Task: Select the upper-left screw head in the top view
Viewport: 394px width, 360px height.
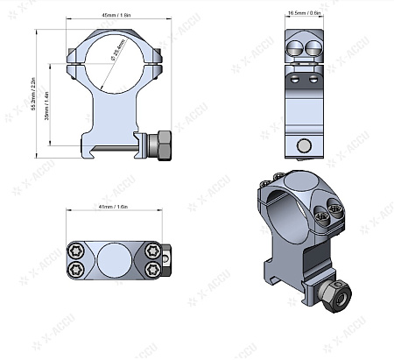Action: tap(76, 249)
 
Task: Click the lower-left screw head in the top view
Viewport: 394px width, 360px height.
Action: tap(76, 268)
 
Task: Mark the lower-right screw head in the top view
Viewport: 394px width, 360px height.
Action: tap(154, 268)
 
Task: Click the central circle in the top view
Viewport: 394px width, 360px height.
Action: tap(115, 259)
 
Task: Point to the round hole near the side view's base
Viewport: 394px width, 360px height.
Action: tap(304, 145)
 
